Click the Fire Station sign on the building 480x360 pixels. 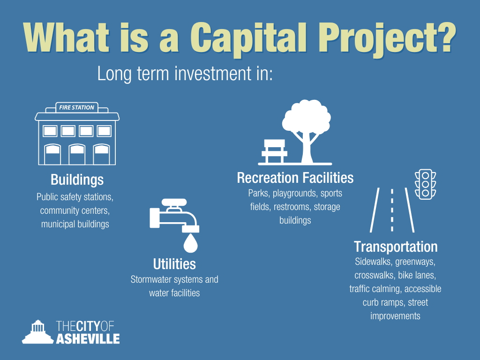77,107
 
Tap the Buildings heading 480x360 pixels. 77,180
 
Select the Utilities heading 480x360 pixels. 174,264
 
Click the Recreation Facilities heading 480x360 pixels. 295,178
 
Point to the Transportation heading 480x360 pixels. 396,247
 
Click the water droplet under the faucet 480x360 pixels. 190,243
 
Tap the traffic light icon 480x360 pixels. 425,185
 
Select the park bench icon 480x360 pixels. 275,151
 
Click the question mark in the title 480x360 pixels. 446,38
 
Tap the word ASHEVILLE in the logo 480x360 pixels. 88,339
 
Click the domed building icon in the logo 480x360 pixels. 37,332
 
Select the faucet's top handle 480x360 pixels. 174,202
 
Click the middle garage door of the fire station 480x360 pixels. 77,154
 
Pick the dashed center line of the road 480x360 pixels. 392,210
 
